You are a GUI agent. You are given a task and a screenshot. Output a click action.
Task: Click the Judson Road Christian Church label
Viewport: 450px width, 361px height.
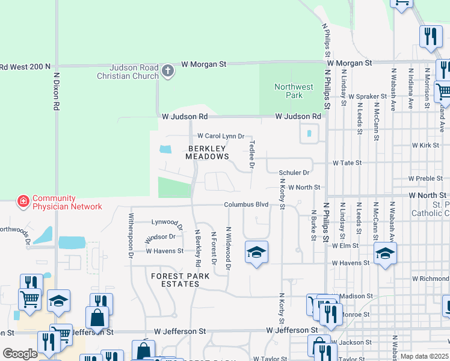click(x=128, y=72)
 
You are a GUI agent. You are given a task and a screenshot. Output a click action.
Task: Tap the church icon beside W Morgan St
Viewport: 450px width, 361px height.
click(x=168, y=72)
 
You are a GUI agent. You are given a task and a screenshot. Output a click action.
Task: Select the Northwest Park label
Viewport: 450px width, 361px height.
click(x=294, y=91)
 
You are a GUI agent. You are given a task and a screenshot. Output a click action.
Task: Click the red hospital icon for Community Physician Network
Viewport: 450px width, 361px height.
click(x=23, y=201)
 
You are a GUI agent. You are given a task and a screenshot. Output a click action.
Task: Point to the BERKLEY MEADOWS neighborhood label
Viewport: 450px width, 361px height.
click(x=207, y=152)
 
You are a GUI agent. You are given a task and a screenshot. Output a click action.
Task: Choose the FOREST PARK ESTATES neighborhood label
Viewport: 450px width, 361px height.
click(x=180, y=280)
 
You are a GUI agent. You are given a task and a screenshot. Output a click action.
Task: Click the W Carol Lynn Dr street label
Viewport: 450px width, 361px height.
click(x=221, y=137)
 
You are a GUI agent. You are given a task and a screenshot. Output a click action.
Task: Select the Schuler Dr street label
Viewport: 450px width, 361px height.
click(x=294, y=173)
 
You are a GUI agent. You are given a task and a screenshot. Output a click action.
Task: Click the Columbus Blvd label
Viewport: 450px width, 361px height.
click(x=246, y=205)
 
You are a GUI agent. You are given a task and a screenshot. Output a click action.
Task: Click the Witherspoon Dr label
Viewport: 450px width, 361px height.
click(x=131, y=235)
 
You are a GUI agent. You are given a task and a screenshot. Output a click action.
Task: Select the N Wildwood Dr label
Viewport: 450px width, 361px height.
click(x=228, y=247)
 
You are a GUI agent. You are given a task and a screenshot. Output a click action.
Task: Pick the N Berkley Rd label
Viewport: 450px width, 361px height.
click(x=197, y=248)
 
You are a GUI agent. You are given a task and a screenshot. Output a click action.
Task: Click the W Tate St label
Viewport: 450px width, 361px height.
click(x=348, y=163)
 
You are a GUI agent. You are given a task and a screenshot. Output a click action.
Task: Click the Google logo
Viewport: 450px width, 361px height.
click(x=20, y=354)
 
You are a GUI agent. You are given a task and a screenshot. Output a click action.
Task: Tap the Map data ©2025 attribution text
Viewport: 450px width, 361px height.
click(x=424, y=356)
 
